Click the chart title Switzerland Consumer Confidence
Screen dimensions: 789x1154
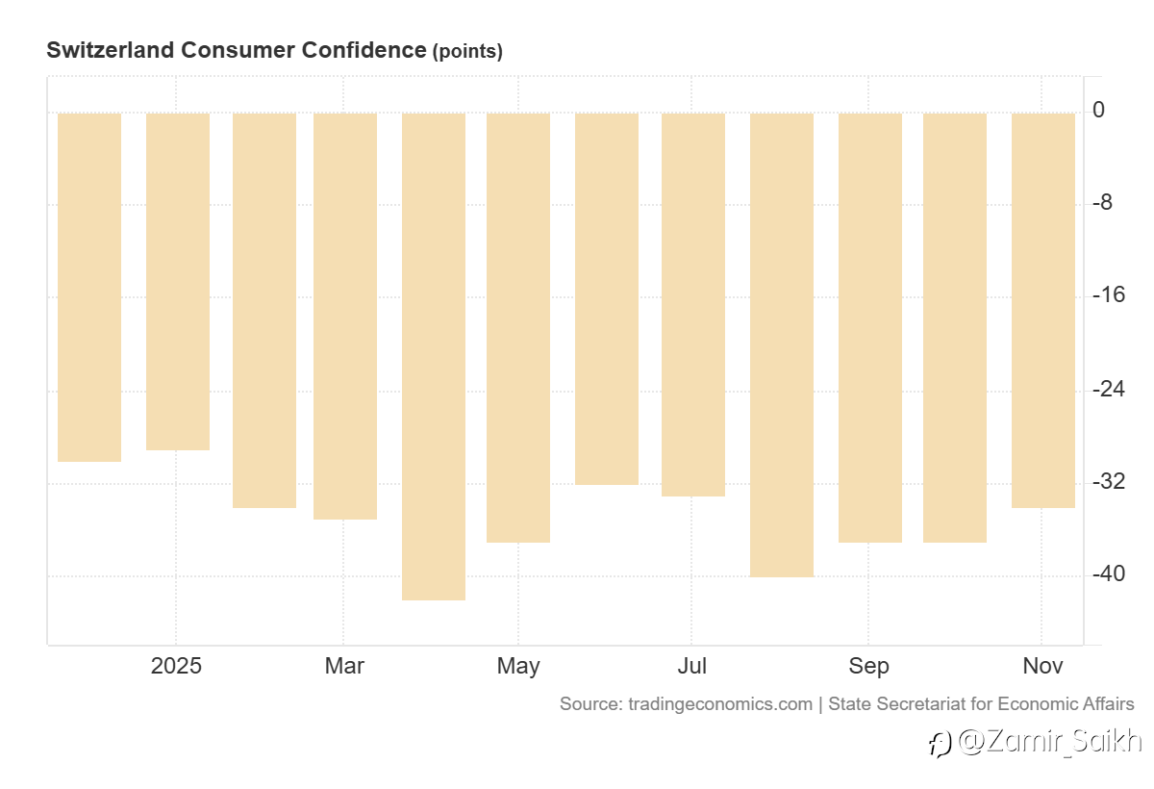[x=236, y=50]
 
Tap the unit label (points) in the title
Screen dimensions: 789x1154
[x=467, y=52]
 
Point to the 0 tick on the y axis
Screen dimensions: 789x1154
[x=1098, y=111]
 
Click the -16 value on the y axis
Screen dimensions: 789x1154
[x=1109, y=295]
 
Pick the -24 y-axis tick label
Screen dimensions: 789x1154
[x=1109, y=389]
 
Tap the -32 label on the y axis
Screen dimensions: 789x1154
[x=1109, y=481]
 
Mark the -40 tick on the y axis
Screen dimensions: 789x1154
[x=1109, y=574]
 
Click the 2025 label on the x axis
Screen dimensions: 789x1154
[x=177, y=666]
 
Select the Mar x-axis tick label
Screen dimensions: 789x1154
[x=344, y=666]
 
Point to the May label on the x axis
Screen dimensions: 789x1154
[x=518, y=666]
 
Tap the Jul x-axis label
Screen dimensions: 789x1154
[x=691, y=666]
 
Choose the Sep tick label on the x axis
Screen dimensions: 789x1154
[x=868, y=666]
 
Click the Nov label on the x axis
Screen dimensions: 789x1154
[x=1042, y=666]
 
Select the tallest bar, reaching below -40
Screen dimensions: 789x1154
[x=434, y=356]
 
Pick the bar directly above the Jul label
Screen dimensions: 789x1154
[x=693, y=304]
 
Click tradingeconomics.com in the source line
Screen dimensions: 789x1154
[x=720, y=704]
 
